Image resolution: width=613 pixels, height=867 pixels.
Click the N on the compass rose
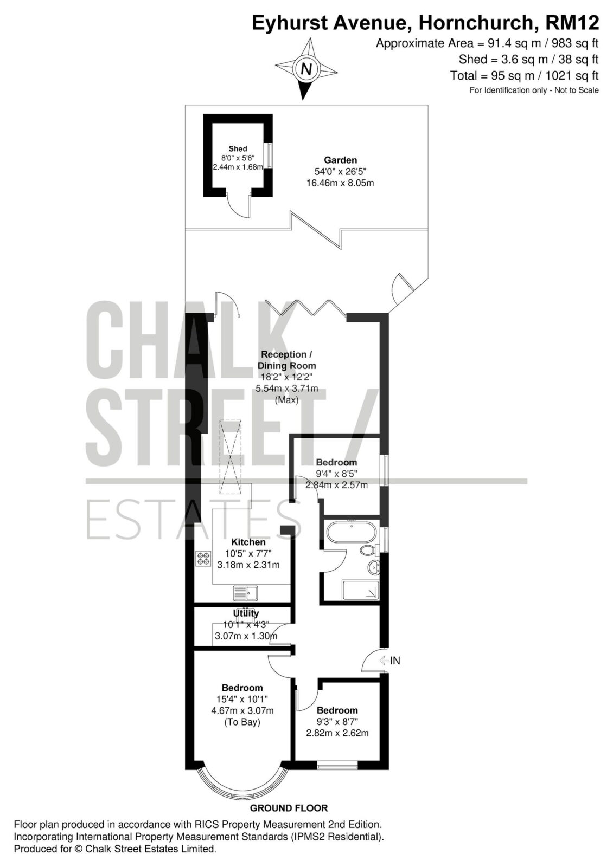(x=306, y=69)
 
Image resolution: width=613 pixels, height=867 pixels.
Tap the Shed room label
(x=238, y=148)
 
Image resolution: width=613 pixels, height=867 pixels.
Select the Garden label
(x=340, y=160)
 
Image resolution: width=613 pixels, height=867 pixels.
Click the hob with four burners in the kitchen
(x=204, y=559)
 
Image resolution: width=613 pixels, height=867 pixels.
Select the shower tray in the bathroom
(x=360, y=590)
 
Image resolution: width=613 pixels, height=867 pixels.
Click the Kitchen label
(x=248, y=542)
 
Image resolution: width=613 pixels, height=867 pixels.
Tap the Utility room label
(x=246, y=613)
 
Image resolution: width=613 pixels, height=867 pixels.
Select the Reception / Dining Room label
(x=287, y=360)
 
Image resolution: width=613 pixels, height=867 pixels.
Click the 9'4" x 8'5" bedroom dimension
(x=336, y=473)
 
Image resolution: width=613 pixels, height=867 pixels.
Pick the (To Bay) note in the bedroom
(x=242, y=722)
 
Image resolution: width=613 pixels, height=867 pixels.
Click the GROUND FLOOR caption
(x=289, y=808)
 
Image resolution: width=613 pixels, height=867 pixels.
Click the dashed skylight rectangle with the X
(x=230, y=457)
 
